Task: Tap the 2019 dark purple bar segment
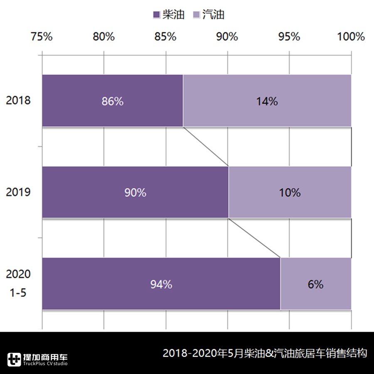(83, 192)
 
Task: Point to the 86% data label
(113, 101)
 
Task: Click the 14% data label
(267, 101)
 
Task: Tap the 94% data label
(161, 285)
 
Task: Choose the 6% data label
(316, 285)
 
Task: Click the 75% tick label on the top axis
(42, 37)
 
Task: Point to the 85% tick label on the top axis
(165, 37)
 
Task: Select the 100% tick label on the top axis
(351, 37)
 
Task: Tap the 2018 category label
(18, 101)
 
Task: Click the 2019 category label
(18, 192)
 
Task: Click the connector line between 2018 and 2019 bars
(206, 146)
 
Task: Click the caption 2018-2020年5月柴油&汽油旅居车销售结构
(265, 354)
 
